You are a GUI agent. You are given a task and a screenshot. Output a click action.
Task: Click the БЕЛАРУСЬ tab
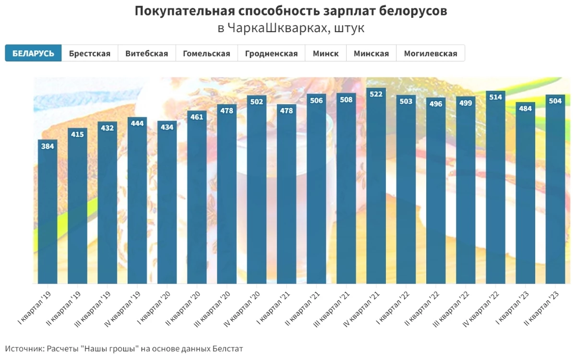click(x=33, y=53)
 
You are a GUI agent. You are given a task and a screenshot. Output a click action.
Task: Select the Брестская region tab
click(x=90, y=53)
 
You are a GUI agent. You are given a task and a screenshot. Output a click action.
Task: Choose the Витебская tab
click(x=146, y=53)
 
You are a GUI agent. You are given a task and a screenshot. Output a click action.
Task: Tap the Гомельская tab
click(x=206, y=53)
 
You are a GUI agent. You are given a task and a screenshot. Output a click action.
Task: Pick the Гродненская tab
click(x=271, y=53)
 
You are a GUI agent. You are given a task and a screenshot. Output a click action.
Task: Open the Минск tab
click(x=325, y=53)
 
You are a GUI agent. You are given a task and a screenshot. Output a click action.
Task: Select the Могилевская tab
click(x=431, y=53)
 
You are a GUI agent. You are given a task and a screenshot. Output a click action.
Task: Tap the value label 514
click(x=495, y=97)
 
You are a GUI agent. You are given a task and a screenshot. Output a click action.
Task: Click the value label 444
click(x=137, y=123)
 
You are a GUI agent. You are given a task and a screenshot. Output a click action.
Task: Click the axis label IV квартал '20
click(x=243, y=308)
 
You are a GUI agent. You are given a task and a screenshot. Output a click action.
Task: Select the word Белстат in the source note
click(x=228, y=348)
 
